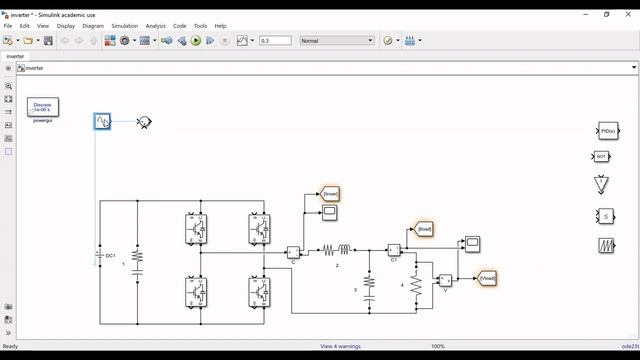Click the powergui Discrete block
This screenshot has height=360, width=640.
pyautogui.click(x=43, y=107)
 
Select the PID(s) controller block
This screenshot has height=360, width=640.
pyautogui.click(x=608, y=131)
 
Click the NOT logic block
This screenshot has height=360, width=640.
pyautogui.click(x=601, y=157)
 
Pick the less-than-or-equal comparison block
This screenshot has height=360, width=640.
pyautogui.click(x=606, y=215)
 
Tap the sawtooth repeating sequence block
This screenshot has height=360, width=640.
pyautogui.click(x=606, y=245)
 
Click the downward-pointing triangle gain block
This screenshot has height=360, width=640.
pyautogui.click(x=602, y=184)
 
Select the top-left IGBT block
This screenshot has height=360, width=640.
pyautogui.click(x=196, y=229)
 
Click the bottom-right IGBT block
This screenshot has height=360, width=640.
pyautogui.click(x=259, y=292)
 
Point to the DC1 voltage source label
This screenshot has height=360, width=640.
pyautogui.click(x=111, y=256)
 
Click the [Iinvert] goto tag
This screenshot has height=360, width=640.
pyautogui.click(x=331, y=193)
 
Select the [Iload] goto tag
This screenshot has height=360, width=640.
pyautogui.click(x=424, y=229)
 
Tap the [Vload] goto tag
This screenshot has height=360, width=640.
pyautogui.click(x=487, y=277)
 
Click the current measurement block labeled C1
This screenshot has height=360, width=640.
pyautogui.click(x=394, y=250)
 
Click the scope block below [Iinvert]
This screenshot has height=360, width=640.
pyautogui.click(x=329, y=213)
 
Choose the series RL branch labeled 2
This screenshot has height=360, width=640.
pyautogui.click(x=336, y=250)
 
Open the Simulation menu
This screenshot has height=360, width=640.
pyautogui.click(x=125, y=26)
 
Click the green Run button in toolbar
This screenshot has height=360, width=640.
pyautogui.click(x=196, y=41)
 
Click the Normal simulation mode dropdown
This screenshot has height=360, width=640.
pyautogui.click(x=337, y=41)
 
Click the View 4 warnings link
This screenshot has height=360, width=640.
pyautogui.click(x=341, y=346)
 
